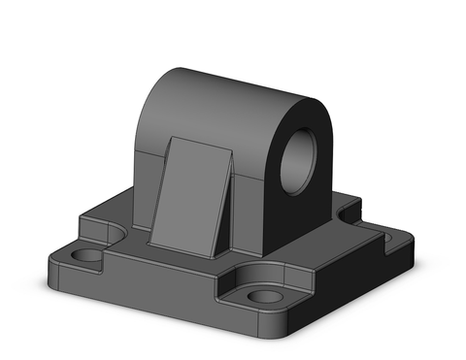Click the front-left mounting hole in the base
click(87, 258)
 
